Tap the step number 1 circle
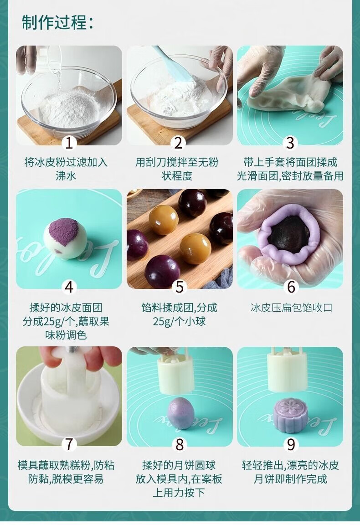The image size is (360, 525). pos(69,143)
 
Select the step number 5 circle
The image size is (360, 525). pos(180,287)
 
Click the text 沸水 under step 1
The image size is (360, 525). pos(66,176)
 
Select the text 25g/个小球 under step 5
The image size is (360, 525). pos(180,321)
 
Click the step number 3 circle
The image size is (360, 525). pos(290,143)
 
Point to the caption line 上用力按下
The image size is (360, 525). pos(179,493)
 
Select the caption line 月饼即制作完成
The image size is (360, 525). pos(290,479)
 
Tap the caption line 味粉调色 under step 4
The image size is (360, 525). pos(66,335)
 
